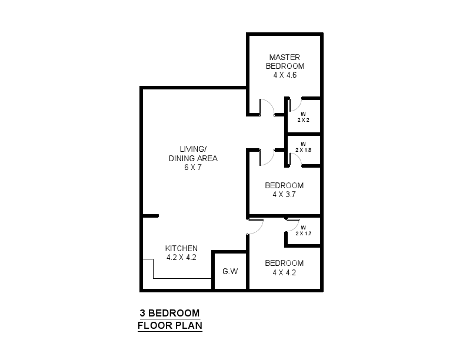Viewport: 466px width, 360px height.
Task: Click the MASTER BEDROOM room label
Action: (x=285, y=62)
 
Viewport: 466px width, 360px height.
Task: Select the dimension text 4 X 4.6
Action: (x=285, y=76)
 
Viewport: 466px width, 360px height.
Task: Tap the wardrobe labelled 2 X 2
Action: (x=303, y=116)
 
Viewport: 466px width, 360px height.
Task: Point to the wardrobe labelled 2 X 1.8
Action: (x=303, y=147)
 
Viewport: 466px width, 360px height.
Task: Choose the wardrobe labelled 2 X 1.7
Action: (x=303, y=231)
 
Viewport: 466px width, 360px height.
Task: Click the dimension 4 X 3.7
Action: (x=284, y=194)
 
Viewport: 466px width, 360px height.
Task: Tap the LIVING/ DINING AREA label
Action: (x=193, y=154)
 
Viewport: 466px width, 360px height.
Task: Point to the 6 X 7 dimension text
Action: (x=193, y=167)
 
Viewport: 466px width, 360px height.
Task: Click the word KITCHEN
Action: (x=181, y=248)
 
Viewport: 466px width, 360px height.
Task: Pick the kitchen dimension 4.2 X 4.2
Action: (x=181, y=257)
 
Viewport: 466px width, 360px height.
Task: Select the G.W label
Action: (x=229, y=272)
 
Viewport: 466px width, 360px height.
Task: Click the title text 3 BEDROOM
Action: (x=169, y=313)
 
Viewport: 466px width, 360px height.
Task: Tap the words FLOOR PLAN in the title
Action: (x=169, y=325)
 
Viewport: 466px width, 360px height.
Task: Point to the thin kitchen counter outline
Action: (x=177, y=278)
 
